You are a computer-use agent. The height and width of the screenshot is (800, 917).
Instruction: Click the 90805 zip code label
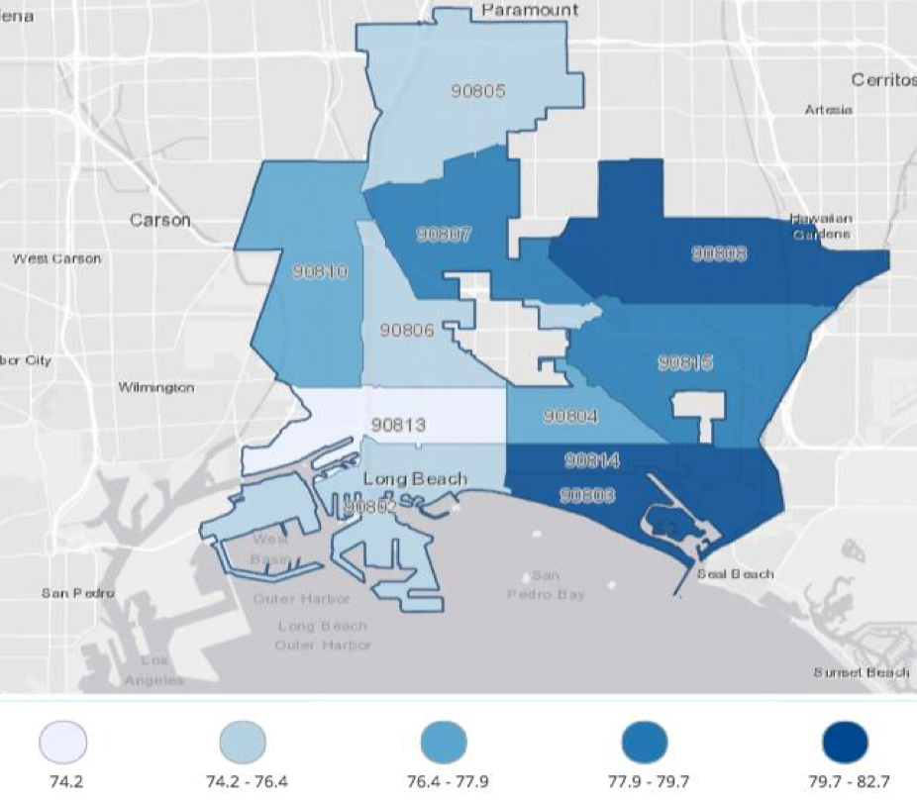coord(479,92)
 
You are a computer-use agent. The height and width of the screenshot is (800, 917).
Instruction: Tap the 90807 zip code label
coord(444,235)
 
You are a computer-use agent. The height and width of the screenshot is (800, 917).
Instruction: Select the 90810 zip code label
coord(320,270)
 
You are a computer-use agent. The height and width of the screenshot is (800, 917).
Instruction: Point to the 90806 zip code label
coord(407,330)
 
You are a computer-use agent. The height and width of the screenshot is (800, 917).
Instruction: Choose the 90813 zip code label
coord(398,425)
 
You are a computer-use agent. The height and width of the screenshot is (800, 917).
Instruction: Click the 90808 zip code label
coord(719,253)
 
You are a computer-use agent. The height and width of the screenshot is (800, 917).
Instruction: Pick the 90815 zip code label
coord(685,363)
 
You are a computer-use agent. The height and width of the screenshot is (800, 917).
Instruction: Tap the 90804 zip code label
coord(570,417)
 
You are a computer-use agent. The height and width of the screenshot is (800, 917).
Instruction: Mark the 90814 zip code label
coord(591,461)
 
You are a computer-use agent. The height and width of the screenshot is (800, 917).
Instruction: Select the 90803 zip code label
coord(588,495)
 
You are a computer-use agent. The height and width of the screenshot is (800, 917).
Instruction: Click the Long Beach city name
coord(415,479)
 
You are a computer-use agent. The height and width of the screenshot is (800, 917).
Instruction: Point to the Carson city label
coord(160,220)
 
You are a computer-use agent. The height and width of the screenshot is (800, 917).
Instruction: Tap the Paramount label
coord(530,10)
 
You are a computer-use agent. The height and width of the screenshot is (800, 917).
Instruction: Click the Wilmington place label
coord(156,387)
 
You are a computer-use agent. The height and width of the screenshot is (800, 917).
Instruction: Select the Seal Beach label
coord(735,573)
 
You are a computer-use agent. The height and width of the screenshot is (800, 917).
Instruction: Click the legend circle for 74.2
coord(63,742)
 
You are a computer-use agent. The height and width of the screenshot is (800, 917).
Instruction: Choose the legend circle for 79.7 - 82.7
coord(845,742)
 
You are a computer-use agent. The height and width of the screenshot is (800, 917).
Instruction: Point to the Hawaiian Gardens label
coord(821,226)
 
